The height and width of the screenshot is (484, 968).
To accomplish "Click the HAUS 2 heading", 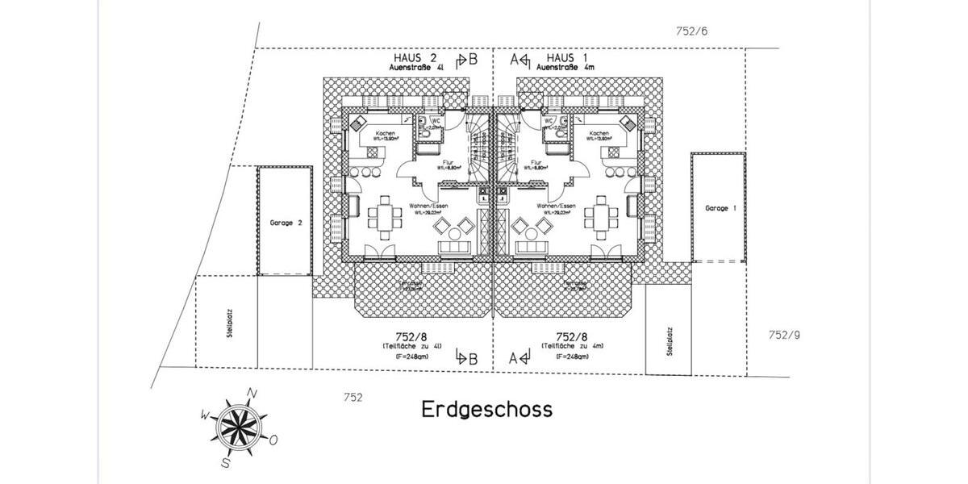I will coord(415,59).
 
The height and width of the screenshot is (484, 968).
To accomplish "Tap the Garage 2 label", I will coord(286,222).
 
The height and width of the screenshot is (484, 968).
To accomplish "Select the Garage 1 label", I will coord(721,208).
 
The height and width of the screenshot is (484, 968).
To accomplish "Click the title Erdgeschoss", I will coord(487,409).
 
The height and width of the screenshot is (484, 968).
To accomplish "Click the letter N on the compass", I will coord(252,393).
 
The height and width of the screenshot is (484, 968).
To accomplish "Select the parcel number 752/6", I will coord(691,31).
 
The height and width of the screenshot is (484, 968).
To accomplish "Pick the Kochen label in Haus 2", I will coord(382,133).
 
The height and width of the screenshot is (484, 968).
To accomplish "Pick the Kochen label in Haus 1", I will coord(599,133).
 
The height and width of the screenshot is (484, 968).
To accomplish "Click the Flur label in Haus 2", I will coord(448,162).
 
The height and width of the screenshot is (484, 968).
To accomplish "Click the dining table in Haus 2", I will coord(384,216).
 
